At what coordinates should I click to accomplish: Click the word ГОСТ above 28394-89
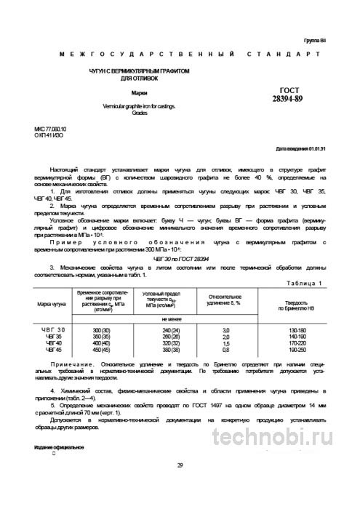click(x=285, y=108)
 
